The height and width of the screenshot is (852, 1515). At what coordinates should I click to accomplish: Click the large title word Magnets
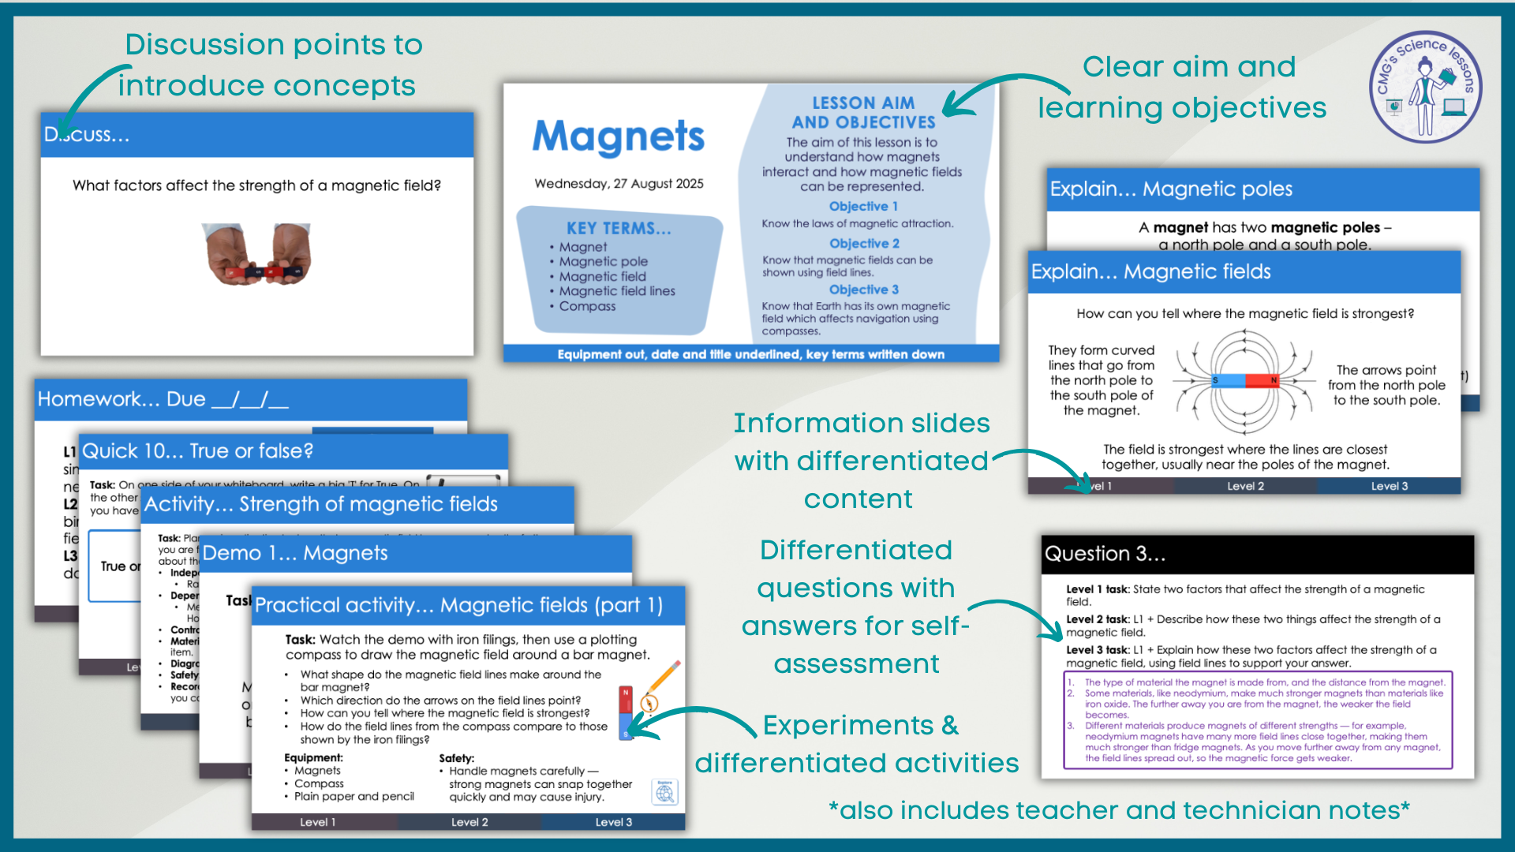pyautogui.click(x=618, y=137)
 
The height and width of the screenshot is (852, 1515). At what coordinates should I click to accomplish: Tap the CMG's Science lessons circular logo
pyautogui.click(x=1425, y=87)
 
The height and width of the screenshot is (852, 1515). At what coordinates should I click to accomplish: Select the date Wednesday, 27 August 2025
pyautogui.click(x=619, y=184)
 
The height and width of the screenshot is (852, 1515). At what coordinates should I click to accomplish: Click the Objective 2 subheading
pyautogui.click(x=864, y=244)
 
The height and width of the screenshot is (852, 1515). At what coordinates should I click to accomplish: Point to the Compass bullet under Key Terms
pyautogui.click(x=587, y=306)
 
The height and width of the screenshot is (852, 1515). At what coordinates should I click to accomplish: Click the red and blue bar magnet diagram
pyautogui.click(x=1245, y=381)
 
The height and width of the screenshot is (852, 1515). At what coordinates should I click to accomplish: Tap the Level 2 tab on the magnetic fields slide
pyautogui.click(x=1245, y=486)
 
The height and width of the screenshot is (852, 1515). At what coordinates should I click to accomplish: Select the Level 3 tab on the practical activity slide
pyautogui.click(x=613, y=822)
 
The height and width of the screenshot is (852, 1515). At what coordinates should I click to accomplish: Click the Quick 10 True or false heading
pyautogui.click(x=198, y=451)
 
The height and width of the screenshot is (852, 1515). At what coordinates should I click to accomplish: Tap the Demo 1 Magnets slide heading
pyautogui.click(x=295, y=553)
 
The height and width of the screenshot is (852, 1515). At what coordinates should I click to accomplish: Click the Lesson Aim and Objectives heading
pyautogui.click(x=863, y=113)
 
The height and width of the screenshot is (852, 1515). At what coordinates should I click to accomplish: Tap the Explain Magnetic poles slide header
pyautogui.click(x=1171, y=189)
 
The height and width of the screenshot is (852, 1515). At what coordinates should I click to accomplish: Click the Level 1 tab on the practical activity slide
pyautogui.click(x=317, y=822)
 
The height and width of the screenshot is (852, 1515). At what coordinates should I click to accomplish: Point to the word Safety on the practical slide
pyautogui.click(x=456, y=758)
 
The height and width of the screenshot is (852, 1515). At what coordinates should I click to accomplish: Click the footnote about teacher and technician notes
pyautogui.click(x=1119, y=810)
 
